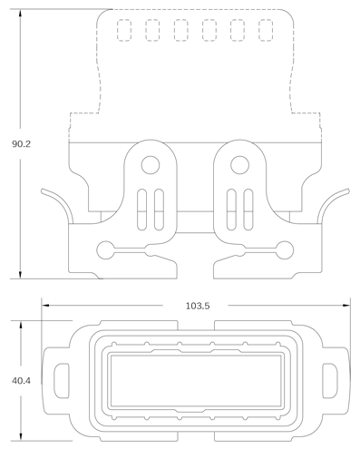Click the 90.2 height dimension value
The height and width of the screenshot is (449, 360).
click(21, 144)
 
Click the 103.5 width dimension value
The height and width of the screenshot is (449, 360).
click(198, 306)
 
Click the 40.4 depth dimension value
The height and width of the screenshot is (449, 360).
click(21, 381)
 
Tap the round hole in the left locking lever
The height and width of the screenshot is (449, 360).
click(151, 165)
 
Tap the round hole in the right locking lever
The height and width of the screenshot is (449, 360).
click(239, 165)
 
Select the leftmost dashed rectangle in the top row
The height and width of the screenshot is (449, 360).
click(124, 30)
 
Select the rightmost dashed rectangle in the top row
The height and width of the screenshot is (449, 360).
click(266, 30)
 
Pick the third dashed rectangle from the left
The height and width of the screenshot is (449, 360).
click(180, 30)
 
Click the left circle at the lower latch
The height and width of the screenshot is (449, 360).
click(105, 250)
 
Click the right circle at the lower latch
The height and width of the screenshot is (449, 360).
click(285, 250)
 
